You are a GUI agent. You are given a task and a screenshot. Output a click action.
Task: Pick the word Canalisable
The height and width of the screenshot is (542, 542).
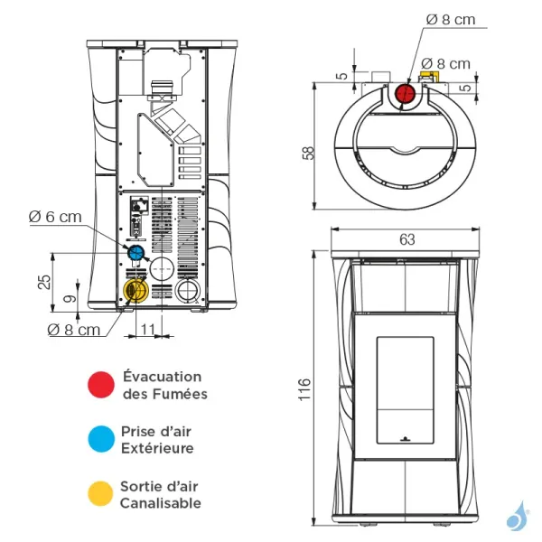(x=161, y=503)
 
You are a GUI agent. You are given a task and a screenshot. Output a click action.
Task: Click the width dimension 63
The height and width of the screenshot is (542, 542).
(x=406, y=239)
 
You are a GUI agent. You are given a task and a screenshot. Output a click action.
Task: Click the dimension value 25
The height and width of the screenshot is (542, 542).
(x=43, y=282)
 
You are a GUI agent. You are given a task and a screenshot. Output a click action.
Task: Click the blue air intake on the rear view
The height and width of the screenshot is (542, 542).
(x=135, y=251)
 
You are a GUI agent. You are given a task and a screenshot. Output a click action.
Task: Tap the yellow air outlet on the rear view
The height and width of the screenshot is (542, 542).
(x=134, y=290)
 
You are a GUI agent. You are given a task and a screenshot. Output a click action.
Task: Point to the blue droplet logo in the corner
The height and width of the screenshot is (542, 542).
(x=518, y=516)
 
